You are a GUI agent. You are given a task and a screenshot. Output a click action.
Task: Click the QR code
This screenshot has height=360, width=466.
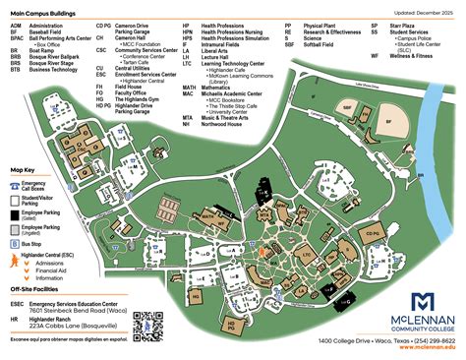point(148,327)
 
